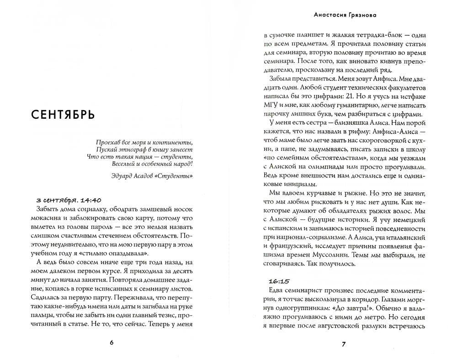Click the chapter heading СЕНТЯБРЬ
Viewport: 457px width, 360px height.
point(63,114)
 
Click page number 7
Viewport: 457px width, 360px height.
point(344,344)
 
